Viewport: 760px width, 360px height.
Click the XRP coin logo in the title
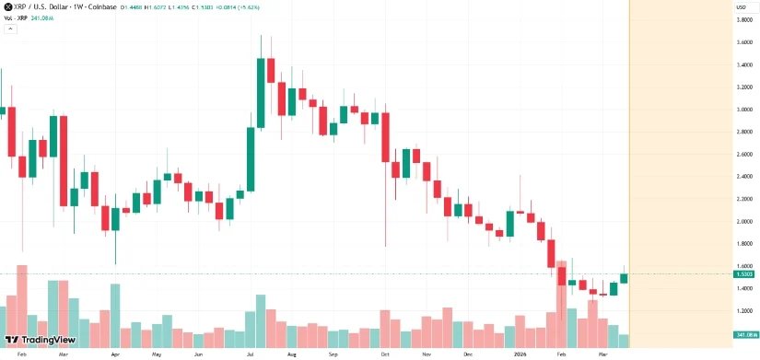pos(8,8)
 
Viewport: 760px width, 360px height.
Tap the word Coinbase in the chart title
pos(99,8)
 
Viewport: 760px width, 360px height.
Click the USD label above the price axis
pos(741,8)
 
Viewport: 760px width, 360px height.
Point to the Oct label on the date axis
pos(386,353)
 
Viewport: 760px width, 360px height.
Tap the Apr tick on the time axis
pos(115,353)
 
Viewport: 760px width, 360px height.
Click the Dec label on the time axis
pos(468,353)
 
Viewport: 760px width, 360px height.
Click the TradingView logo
pos(41,341)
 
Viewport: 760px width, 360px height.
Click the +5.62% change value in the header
pos(248,8)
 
